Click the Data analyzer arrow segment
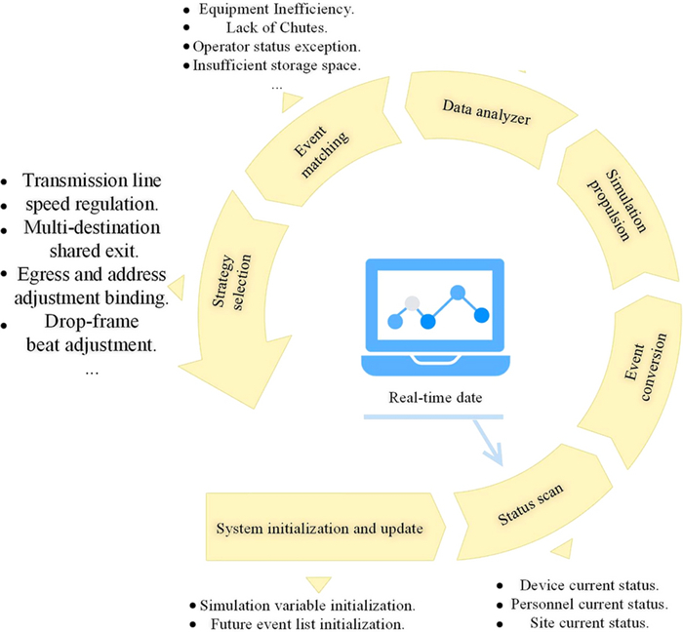click(x=485, y=114)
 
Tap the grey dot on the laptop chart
click(x=414, y=302)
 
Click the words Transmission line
click(x=92, y=180)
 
